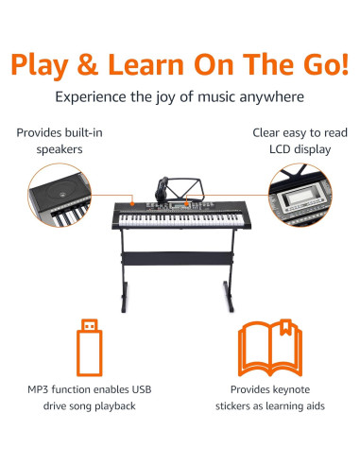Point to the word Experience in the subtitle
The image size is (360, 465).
(94, 96)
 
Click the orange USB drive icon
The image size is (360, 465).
(89, 347)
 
